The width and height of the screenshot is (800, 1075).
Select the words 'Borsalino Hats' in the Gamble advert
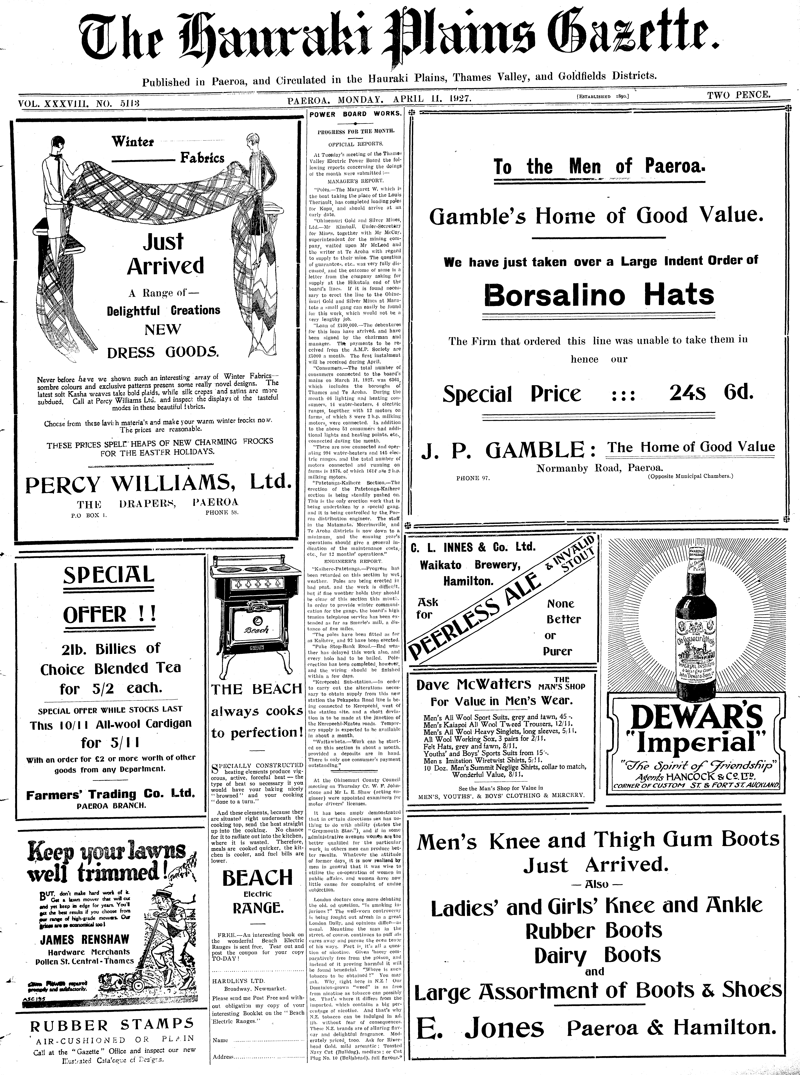pos(599,295)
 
